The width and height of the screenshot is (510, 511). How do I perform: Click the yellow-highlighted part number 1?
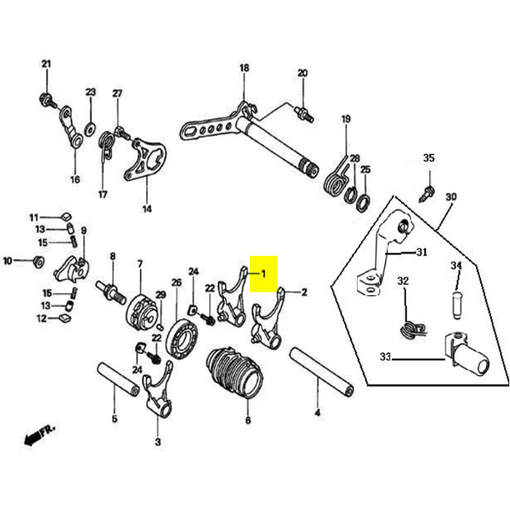263,274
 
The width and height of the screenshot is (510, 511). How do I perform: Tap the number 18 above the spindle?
244,68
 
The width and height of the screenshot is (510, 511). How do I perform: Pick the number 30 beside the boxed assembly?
450,196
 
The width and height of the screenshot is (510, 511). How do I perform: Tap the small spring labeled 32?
408,325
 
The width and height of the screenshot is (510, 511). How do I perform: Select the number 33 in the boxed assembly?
385,359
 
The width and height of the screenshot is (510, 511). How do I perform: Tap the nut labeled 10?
37,261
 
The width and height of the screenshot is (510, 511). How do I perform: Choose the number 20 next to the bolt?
302,74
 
